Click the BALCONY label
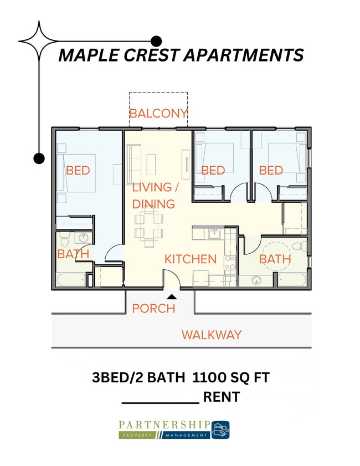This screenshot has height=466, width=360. pos(158,114)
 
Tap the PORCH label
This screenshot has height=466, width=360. pos(153,309)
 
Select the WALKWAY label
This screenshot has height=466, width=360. pos(212,335)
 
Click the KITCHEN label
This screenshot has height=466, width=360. pos(190,259)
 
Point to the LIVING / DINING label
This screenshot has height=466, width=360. pos(153,196)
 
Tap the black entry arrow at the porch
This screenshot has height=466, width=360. pos(172,296)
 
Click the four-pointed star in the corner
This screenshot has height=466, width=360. pos(38,41)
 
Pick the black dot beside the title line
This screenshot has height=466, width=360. pos(156,41)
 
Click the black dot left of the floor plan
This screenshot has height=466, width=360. pos(38,158)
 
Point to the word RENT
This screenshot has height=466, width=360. pos(222,397)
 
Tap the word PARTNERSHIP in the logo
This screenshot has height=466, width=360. pos(164,424)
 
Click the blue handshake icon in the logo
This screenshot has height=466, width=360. pos(220,429)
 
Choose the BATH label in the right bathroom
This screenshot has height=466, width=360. pos(275,259)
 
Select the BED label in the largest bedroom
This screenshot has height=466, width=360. pos(78,170)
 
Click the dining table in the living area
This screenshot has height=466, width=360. pos(149,227)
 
